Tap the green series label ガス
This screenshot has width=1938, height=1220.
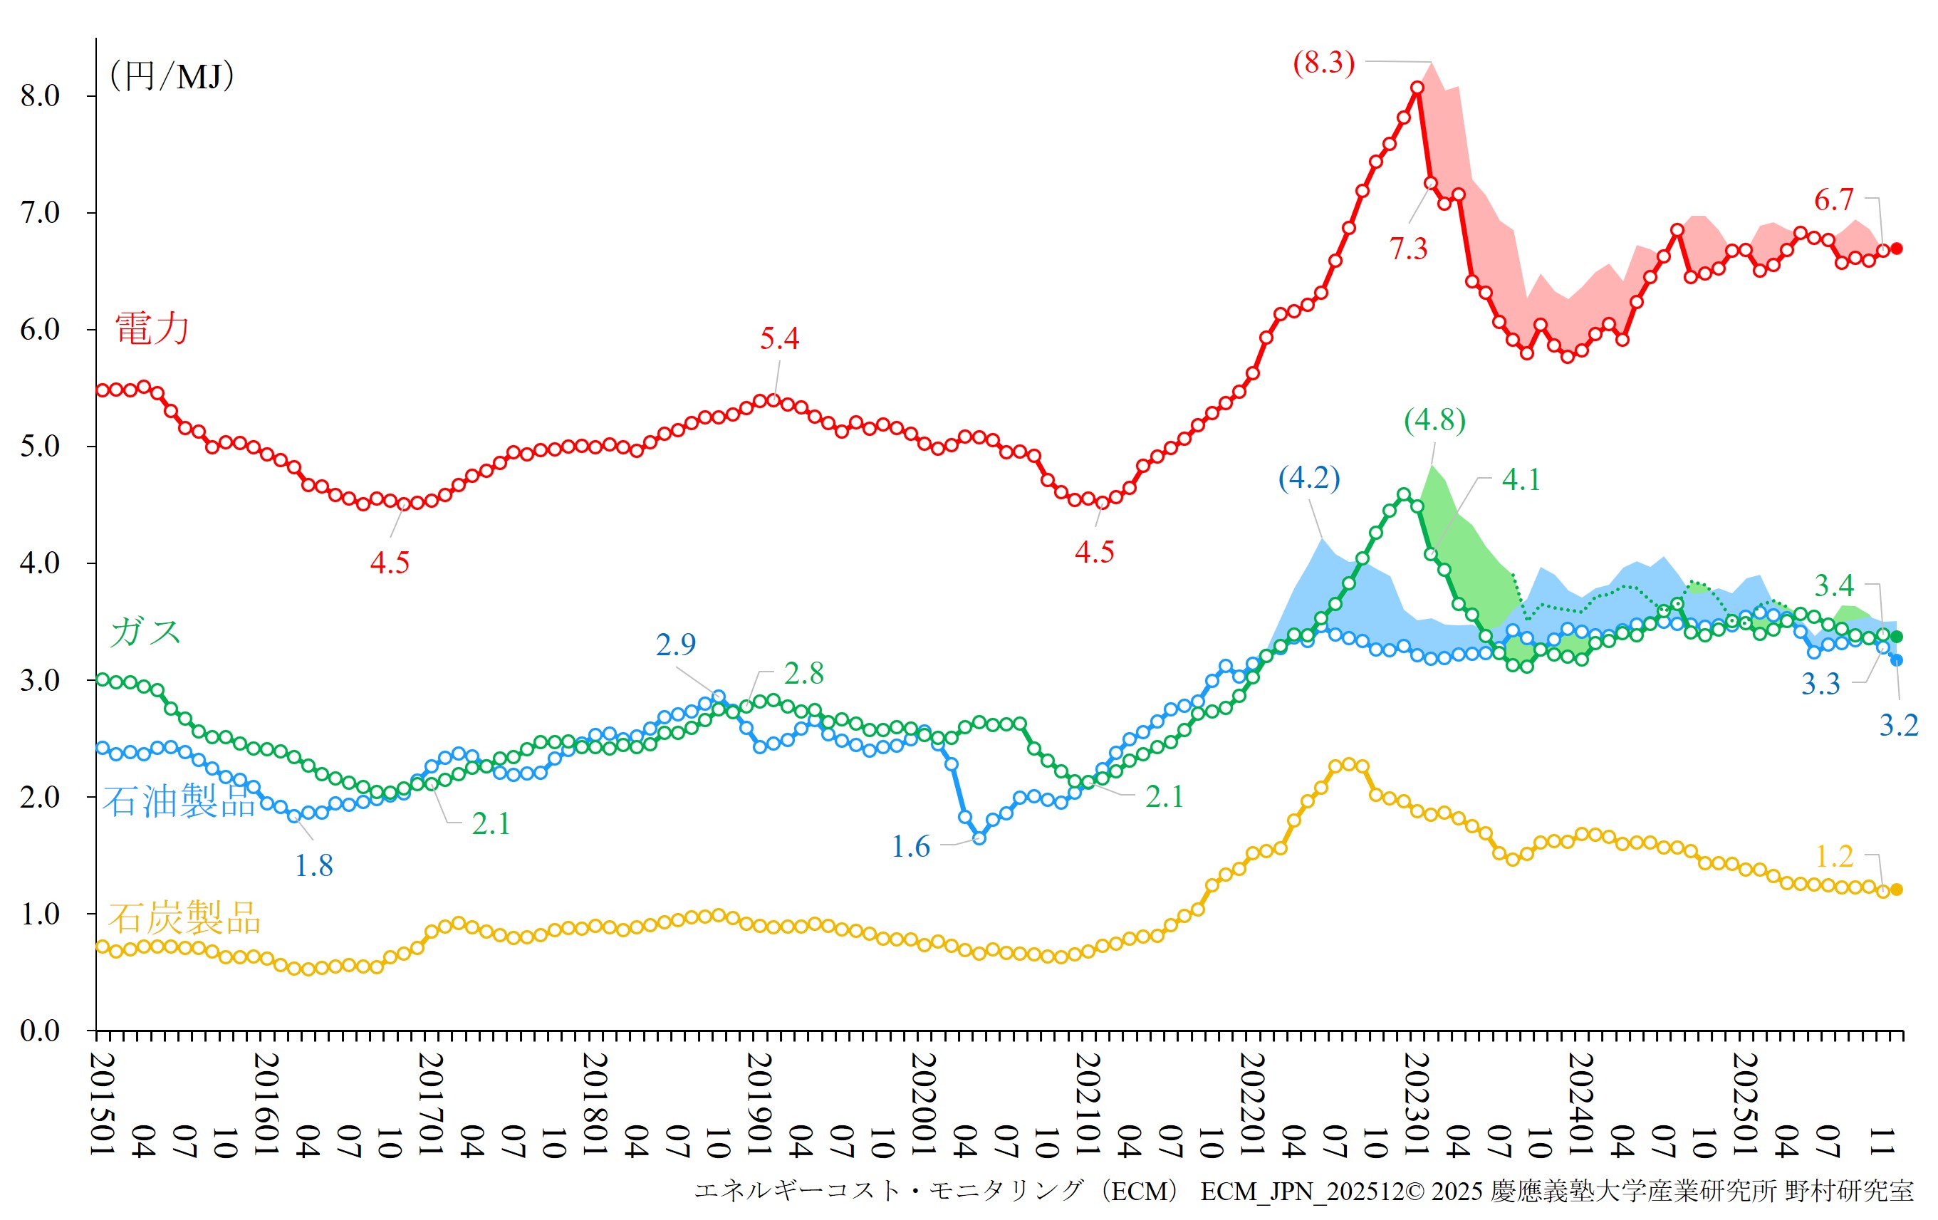click(145, 632)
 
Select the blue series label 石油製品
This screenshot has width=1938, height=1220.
click(179, 801)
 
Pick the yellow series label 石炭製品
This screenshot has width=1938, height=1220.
click(184, 917)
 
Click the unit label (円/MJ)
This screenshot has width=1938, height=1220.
click(172, 76)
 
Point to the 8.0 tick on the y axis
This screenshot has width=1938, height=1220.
click(40, 97)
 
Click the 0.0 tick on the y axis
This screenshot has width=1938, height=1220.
click(40, 1031)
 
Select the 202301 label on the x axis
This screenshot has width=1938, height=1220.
click(1417, 1103)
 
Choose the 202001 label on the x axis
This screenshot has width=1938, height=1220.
click(924, 1103)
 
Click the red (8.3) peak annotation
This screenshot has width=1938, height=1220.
click(1324, 63)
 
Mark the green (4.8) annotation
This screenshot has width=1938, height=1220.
click(1434, 420)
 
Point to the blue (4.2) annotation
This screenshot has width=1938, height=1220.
click(1309, 478)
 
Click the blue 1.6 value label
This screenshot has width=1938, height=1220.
click(910, 847)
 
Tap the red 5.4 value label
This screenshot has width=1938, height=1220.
click(779, 339)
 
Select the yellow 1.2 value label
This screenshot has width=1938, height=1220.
click(1834, 856)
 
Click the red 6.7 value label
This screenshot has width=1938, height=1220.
click(1833, 199)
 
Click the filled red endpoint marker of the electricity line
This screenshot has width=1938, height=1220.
click(1896, 249)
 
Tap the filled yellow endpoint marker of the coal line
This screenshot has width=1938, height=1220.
click(1896, 890)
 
